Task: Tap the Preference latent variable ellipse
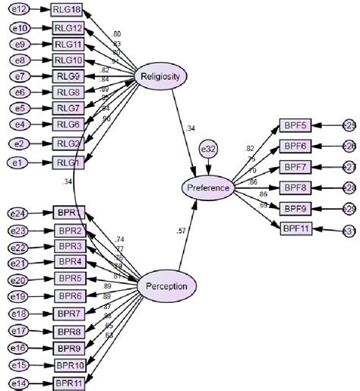point(207,187)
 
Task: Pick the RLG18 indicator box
point(68,10)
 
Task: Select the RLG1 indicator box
point(67,162)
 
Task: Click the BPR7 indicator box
point(69,313)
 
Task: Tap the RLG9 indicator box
point(68,76)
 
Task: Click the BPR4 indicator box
point(69,263)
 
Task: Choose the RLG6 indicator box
point(68,125)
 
